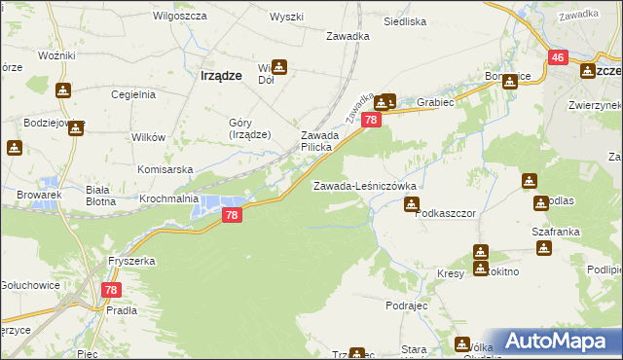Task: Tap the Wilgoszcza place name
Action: tap(176, 17)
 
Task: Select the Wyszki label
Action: tap(287, 18)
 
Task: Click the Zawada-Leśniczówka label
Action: tap(364, 185)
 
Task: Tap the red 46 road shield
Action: tap(558, 58)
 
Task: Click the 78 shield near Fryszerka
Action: tap(111, 290)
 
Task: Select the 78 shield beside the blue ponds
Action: tap(231, 215)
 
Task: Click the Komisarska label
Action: tap(162, 167)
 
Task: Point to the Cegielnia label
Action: tap(133, 94)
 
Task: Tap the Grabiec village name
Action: tap(435, 100)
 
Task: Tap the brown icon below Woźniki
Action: tap(63, 90)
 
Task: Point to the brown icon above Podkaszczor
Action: tap(412, 203)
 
